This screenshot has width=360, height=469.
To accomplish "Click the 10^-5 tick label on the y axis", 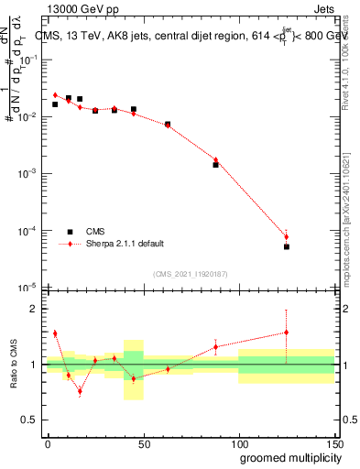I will point(31,289).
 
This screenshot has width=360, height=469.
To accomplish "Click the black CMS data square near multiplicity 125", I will point(286,247).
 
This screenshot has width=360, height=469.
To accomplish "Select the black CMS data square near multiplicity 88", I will point(215,165).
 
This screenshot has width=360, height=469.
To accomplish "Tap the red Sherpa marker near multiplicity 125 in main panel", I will point(286,237).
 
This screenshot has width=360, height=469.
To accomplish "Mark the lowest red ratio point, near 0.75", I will point(80,391).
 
